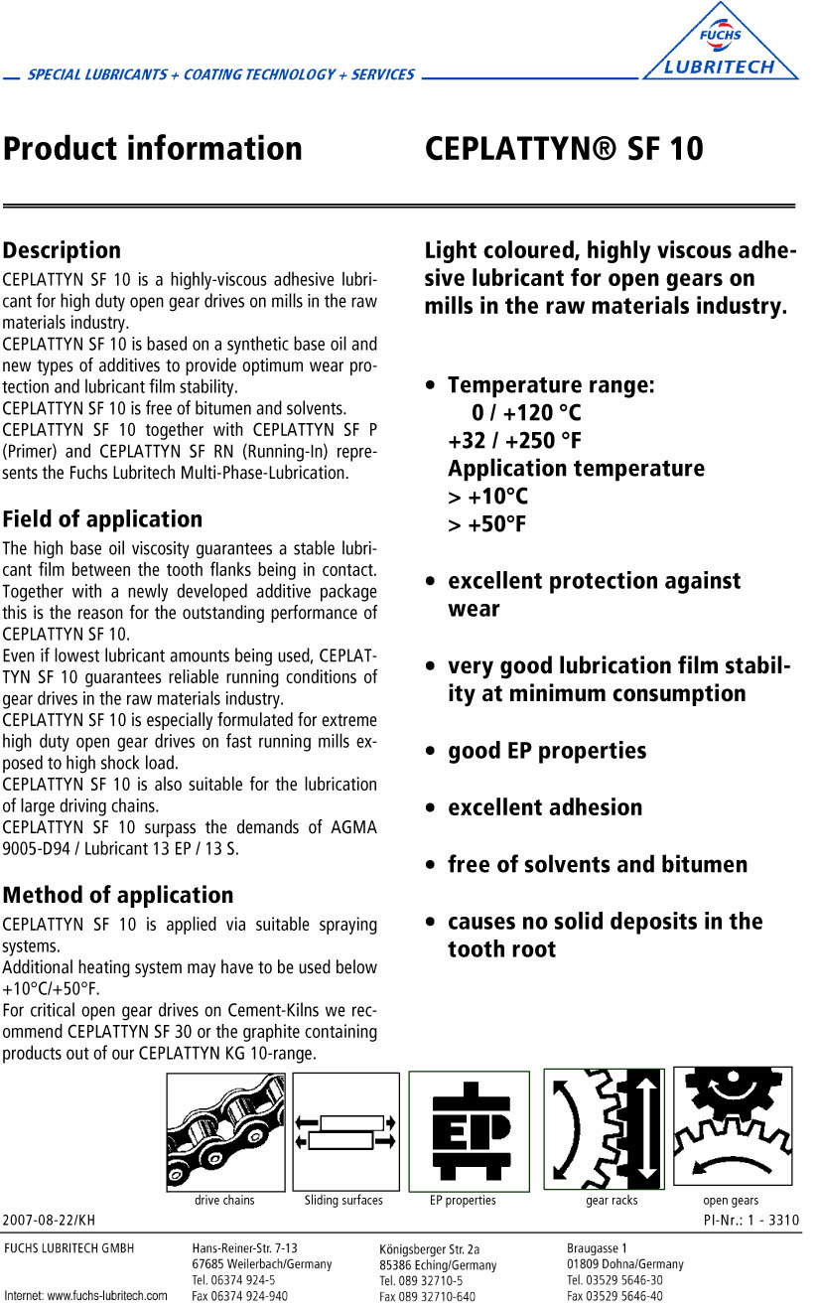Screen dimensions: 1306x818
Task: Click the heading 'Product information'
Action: tap(153, 149)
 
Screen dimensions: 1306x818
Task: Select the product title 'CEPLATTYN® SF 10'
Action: tap(564, 149)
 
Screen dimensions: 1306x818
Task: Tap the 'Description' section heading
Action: tap(62, 250)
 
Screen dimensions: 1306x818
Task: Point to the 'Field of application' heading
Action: tap(102, 519)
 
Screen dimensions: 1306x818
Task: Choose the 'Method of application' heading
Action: tap(118, 895)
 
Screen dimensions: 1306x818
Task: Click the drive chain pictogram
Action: tap(225, 1131)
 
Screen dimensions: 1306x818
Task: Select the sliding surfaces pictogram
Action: tap(345, 1131)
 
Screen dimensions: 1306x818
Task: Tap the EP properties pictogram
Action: tap(469, 1131)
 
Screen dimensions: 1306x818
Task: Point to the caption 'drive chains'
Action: tap(224, 1201)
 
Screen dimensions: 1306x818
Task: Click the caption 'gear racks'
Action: tap(612, 1201)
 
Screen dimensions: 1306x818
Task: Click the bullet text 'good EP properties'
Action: tap(547, 751)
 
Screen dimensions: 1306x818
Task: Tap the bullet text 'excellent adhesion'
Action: tap(545, 807)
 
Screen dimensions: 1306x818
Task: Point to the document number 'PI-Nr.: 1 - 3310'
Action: tap(750, 1220)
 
